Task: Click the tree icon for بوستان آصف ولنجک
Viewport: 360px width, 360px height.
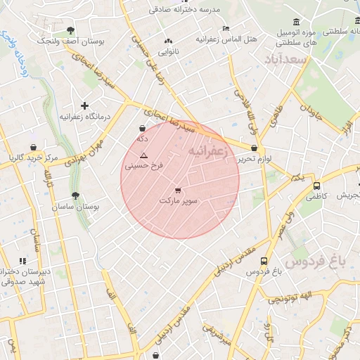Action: [70, 30]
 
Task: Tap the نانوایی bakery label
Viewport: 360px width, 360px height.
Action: [167, 52]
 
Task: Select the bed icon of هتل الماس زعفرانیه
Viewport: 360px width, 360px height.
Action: [225, 28]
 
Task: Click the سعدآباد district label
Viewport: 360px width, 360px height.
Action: [283, 60]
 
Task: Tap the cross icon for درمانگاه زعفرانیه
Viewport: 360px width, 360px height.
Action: [84, 105]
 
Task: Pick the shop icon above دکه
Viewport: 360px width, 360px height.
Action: [143, 129]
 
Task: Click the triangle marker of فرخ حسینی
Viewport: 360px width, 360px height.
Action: [144, 155]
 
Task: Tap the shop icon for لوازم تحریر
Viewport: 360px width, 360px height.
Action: [253, 148]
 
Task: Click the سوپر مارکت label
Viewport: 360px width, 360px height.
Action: [178, 201]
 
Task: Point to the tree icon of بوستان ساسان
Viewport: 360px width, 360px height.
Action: [75, 196]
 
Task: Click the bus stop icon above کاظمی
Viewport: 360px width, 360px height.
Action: [317, 186]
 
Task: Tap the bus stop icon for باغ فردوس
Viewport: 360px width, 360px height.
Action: [264, 259]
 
